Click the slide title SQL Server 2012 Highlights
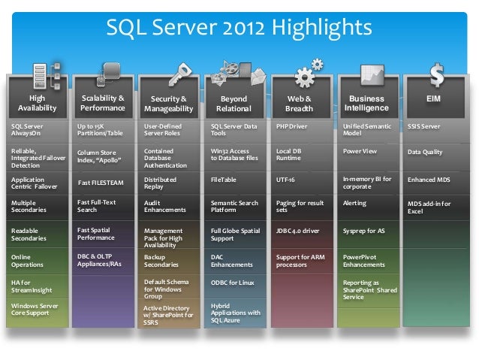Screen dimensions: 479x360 (x=239, y=28)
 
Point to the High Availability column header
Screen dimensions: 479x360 (x=37, y=103)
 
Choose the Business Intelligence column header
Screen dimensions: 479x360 (x=366, y=103)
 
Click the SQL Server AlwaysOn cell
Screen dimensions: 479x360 (x=37, y=130)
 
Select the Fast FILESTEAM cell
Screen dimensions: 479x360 (x=103, y=183)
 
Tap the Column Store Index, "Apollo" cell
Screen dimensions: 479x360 (x=103, y=156)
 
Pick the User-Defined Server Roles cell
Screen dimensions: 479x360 (x=169, y=130)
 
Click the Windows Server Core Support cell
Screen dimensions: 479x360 (x=37, y=310)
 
